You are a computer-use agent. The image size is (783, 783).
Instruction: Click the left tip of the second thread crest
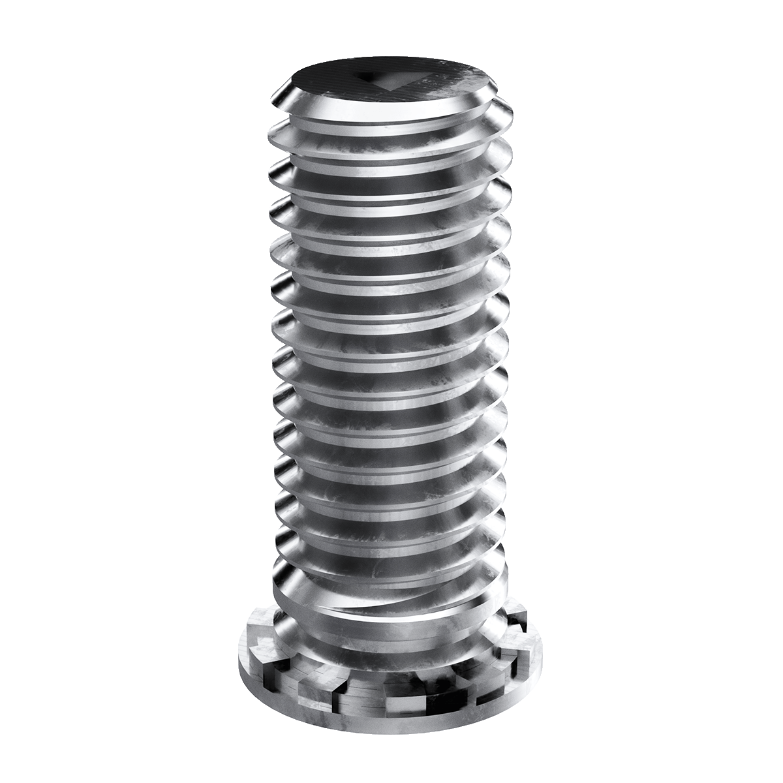270,134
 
